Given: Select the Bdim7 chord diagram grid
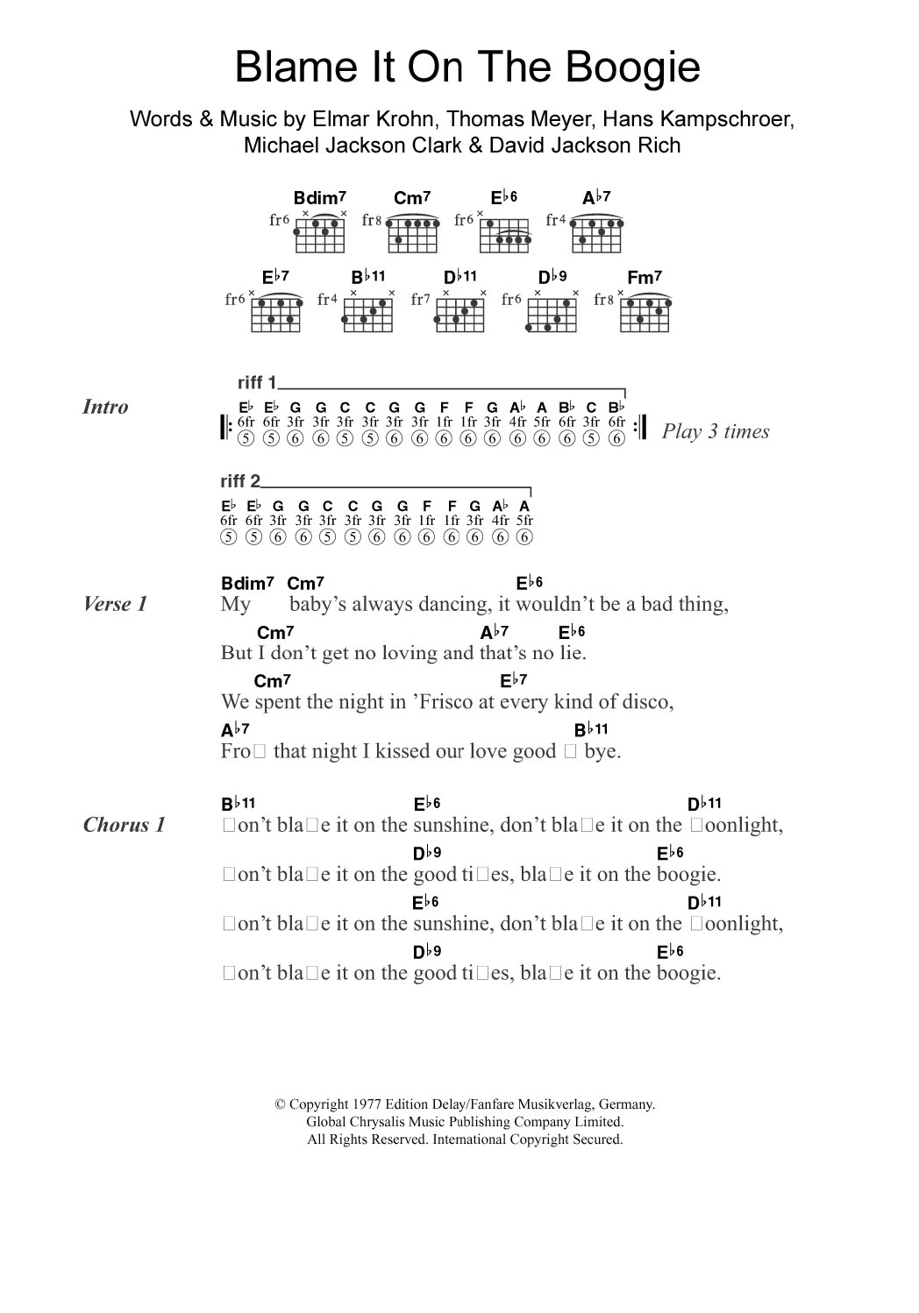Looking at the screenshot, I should (x=318, y=231).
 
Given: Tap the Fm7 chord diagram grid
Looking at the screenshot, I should (x=645, y=314).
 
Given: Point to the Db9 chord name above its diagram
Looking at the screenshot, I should (x=552, y=278).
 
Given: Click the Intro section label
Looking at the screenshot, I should (x=105, y=407).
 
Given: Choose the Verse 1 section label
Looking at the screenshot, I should (x=115, y=604).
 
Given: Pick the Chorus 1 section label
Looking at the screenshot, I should (x=124, y=825).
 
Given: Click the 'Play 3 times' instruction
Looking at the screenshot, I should (x=716, y=431).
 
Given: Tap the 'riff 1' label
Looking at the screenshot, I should (x=256, y=382).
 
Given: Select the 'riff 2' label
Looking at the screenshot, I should (x=240, y=481).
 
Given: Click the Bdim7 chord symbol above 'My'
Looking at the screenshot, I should (x=248, y=583).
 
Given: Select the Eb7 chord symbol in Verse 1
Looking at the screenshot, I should (x=513, y=680).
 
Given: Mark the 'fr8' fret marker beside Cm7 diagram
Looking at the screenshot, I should (x=373, y=221).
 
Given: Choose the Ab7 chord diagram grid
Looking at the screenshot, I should (x=597, y=231).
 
